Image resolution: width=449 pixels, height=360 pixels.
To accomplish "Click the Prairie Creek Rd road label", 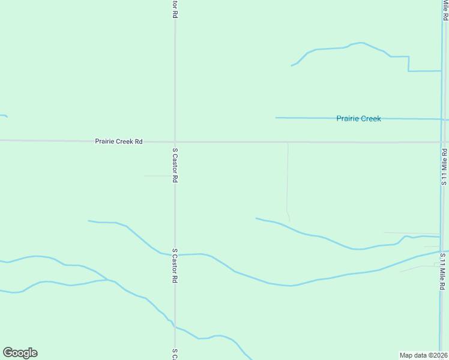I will point(118,142).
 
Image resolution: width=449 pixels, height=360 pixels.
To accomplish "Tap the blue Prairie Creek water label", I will point(358,119).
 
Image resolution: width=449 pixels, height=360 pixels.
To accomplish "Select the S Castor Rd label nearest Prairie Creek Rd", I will point(175,165).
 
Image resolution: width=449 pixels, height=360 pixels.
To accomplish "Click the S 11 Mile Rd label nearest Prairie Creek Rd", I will point(444,166).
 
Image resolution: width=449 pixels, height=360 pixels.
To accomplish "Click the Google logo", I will point(20,353).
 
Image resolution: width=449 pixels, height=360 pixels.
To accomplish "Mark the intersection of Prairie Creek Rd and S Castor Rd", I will point(175,142).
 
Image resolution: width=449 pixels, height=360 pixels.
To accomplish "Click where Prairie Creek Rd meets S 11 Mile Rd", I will point(441,142).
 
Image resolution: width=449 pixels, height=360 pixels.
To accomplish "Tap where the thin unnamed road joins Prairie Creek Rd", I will point(288,142).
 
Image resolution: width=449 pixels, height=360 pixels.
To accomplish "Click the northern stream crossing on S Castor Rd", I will point(175,254).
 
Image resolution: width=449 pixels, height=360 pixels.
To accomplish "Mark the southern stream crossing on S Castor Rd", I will point(175,327).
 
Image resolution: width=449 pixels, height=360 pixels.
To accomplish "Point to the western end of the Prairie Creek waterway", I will point(276,118).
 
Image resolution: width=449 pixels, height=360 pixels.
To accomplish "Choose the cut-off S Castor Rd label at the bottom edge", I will point(175,354).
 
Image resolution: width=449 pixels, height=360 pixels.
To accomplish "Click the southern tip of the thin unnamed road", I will point(289,221).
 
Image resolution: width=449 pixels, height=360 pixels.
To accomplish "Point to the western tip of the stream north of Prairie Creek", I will point(292,65).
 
